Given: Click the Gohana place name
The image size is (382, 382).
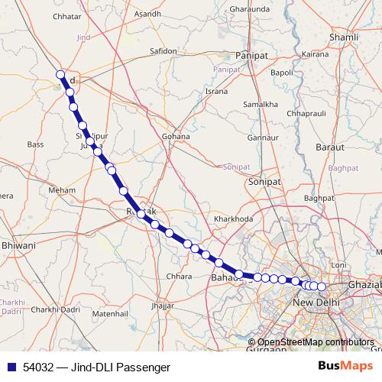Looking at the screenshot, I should pyautogui.click(x=176, y=137).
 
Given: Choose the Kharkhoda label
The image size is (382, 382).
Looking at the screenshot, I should pyautogui.click(x=234, y=219).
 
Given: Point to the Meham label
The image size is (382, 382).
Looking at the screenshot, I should pyautogui.click(x=62, y=189).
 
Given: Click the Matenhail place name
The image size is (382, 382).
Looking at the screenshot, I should pyautogui.click(x=110, y=313).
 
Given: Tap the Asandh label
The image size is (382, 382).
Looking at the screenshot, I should pyautogui.click(x=147, y=15).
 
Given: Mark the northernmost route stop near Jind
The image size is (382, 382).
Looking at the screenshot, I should pyautogui.click(x=60, y=74).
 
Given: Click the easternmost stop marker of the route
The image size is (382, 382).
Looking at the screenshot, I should pyautogui.click(x=322, y=286).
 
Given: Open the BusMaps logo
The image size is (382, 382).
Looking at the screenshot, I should pyautogui.click(x=346, y=367).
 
